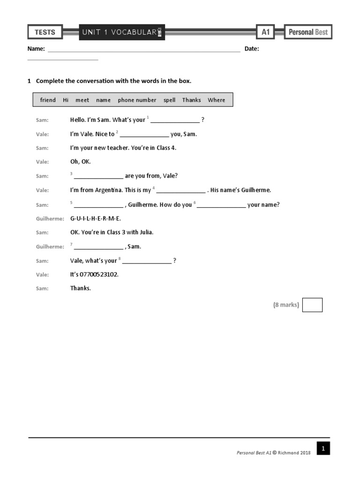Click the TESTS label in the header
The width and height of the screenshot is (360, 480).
[x=45, y=32]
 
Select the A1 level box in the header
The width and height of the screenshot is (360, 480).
[x=265, y=32]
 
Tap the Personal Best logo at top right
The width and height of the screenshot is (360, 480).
[x=308, y=32]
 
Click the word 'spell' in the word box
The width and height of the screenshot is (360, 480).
[x=169, y=100]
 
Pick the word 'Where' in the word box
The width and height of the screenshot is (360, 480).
[x=216, y=100]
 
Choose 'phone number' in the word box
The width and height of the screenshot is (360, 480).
[x=137, y=100]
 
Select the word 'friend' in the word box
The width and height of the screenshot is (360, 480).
[x=48, y=100]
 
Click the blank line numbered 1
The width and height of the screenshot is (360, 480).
[x=175, y=120]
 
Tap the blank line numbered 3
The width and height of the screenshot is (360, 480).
[x=98, y=177]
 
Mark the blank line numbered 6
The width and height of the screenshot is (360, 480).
[x=221, y=205]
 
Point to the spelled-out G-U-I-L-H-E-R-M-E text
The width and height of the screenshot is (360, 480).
[x=96, y=218]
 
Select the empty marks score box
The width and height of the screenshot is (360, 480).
[x=312, y=305]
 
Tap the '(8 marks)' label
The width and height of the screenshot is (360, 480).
[x=286, y=305]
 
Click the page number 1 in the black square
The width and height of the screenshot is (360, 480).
[x=323, y=449]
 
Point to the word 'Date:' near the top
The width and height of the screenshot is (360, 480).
[x=252, y=49]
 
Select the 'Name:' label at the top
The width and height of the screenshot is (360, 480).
[x=36, y=49]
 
